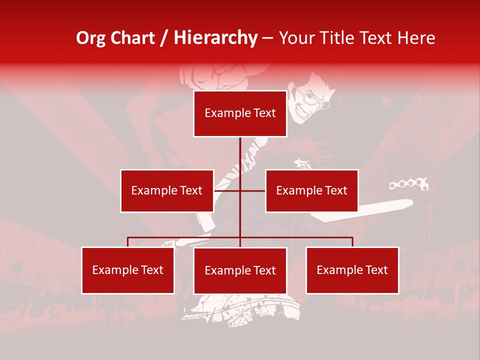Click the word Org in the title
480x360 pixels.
(90, 38)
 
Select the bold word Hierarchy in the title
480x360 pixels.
(215, 38)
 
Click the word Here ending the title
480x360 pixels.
(416, 38)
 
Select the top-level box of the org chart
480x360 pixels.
(240, 113)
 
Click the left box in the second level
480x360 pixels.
(167, 190)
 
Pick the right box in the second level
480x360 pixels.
(311, 190)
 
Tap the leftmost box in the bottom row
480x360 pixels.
(128, 270)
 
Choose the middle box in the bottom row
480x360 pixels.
(240, 270)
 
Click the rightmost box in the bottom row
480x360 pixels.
(352, 270)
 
